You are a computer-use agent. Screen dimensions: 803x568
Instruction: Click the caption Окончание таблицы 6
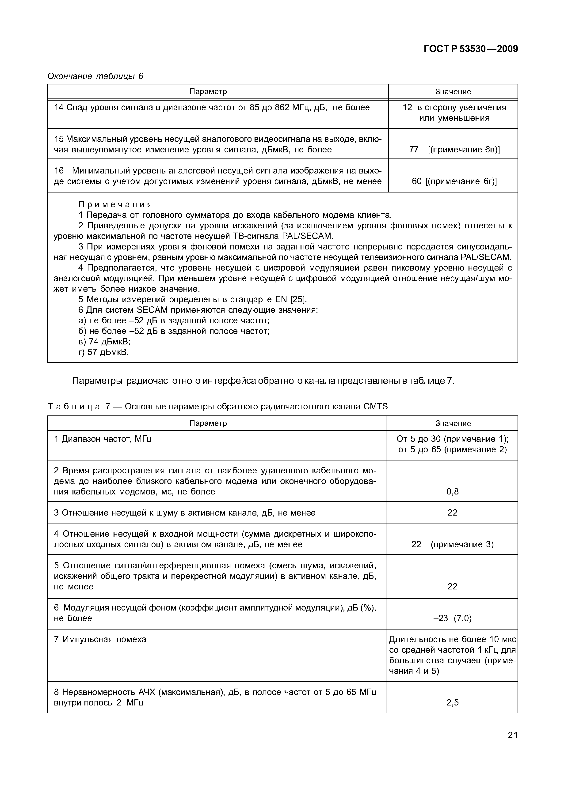[95, 76]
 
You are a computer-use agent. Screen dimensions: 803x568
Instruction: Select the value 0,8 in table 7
[452, 492]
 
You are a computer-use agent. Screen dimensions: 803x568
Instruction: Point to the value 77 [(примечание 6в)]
[454, 150]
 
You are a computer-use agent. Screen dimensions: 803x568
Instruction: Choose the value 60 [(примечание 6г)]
[454, 181]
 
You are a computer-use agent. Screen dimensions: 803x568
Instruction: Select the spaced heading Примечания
[115, 204]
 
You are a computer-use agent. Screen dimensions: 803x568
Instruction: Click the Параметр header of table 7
[208, 423]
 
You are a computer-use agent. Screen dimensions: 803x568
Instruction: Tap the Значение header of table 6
[453, 92]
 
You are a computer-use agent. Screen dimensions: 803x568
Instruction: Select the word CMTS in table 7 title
[376, 406]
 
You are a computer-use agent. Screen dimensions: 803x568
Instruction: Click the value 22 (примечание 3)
[452, 545]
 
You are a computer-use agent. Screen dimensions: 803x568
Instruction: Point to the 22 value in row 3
[452, 513]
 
